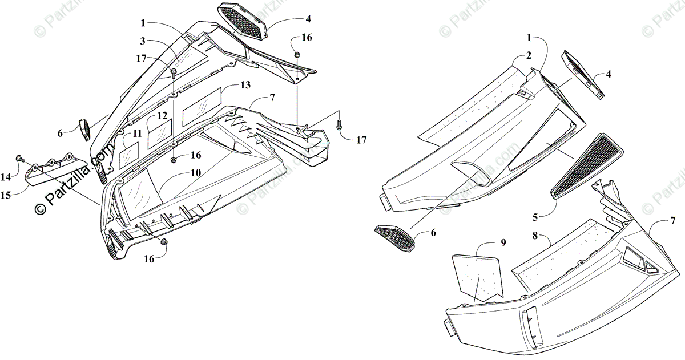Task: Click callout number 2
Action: pos(529,55)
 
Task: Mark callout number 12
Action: pos(162,115)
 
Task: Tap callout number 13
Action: pos(245,85)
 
